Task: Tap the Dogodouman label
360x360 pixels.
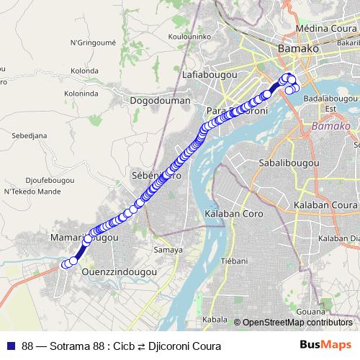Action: tap(160, 101)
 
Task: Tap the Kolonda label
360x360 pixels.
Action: tap(85, 71)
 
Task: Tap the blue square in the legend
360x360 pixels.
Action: tap(10, 346)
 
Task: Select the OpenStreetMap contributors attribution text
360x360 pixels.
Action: tap(297, 322)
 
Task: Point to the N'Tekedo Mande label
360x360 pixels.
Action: tap(32, 192)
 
